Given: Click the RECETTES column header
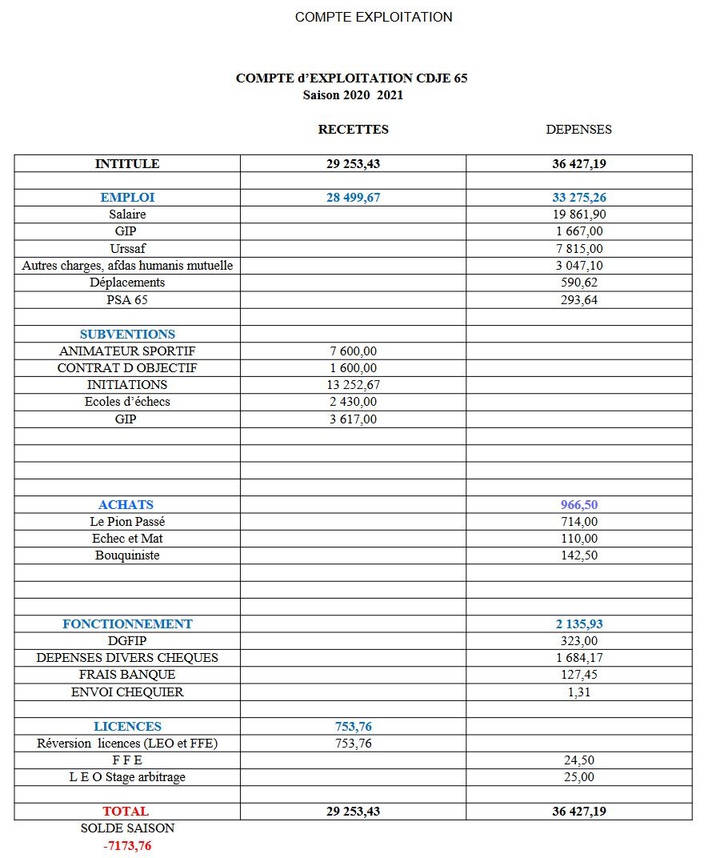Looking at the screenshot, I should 353,130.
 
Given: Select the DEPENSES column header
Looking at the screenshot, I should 578,130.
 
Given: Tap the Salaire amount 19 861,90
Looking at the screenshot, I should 579,214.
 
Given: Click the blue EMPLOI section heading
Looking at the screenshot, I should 127,197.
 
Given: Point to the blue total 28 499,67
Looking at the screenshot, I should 353,197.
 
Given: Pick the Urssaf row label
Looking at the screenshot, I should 127,249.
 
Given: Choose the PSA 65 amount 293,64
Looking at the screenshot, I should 579,300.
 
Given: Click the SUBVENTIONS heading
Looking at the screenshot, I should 127,335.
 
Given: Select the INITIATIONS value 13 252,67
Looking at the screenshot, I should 353,385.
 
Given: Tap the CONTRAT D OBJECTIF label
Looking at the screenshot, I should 127,368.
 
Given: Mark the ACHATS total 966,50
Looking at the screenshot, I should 579,505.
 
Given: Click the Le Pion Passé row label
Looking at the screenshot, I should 127,522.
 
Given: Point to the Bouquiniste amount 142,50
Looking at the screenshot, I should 579,555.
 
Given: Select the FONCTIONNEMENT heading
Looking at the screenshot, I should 127,624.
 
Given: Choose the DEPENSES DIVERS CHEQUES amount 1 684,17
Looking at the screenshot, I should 579,658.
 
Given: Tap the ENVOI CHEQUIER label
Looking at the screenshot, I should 127,692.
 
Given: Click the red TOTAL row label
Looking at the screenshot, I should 126,812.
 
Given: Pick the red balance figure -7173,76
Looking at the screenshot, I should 127,846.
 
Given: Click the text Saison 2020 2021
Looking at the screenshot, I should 353,95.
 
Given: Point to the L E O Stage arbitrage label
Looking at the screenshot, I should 127,777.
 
